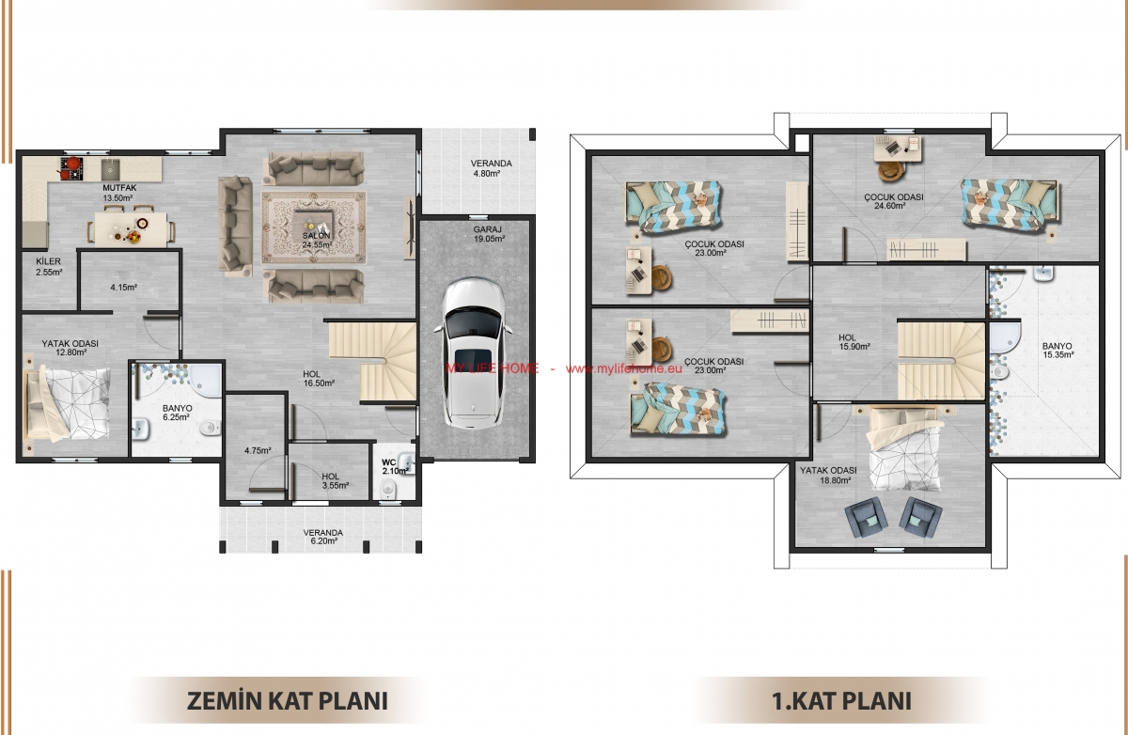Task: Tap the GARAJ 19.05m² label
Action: pyautogui.click(x=489, y=234)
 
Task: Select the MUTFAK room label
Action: pyautogui.click(x=119, y=188)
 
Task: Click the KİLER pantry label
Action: pyautogui.click(x=48, y=261)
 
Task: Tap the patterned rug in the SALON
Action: pyautogui.click(x=314, y=227)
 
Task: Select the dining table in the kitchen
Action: pyautogui.click(x=131, y=229)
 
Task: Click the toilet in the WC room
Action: pyautogui.click(x=387, y=489)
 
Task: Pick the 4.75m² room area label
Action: pyautogui.click(x=258, y=450)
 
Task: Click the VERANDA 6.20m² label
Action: pyautogui.click(x=322, y=537)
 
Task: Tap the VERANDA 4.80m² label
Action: pyautogui.click(x=491, y=168)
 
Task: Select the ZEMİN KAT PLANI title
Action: pyautogui.click(x=288, y=701)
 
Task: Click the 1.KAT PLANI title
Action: pyautogui.click(x=841, y=701)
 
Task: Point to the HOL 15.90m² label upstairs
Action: pyautogui.click(x=854, y=342)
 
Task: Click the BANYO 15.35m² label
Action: pyautogui.click(x=1057, y=351)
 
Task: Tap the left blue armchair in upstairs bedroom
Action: pyautogui.click(x=866, y=517)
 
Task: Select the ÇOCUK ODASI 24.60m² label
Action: pyautogui.click(x=893, y=201)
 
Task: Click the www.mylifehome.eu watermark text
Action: pyautogui.click(x=624, y=368)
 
